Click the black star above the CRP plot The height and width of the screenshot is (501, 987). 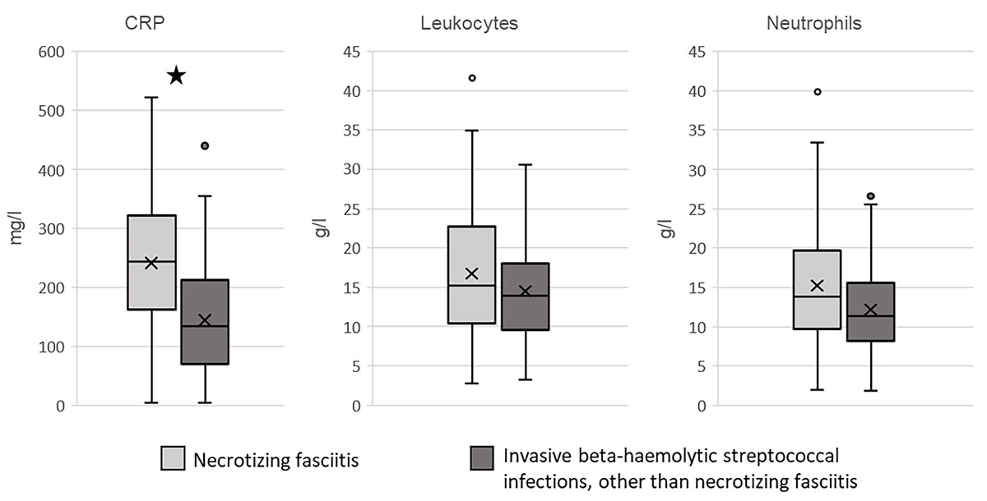(176, 76)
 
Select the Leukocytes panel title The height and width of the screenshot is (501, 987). (468, 23)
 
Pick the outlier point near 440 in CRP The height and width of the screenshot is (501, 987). (205, 145)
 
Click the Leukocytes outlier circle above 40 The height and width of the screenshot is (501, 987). (472, 78)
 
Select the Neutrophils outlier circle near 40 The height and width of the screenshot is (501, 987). (817, 92)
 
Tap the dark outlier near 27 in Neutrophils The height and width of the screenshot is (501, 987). (871, 196)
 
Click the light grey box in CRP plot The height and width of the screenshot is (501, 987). (151, 238)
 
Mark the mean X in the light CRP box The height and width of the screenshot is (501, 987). (151, 263)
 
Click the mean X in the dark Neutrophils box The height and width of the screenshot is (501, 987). (871, 310)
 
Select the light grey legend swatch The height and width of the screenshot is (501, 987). (173, 458)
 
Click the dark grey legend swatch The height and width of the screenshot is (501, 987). (483, 458)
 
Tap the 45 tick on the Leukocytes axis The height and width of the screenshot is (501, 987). (351, 52)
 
